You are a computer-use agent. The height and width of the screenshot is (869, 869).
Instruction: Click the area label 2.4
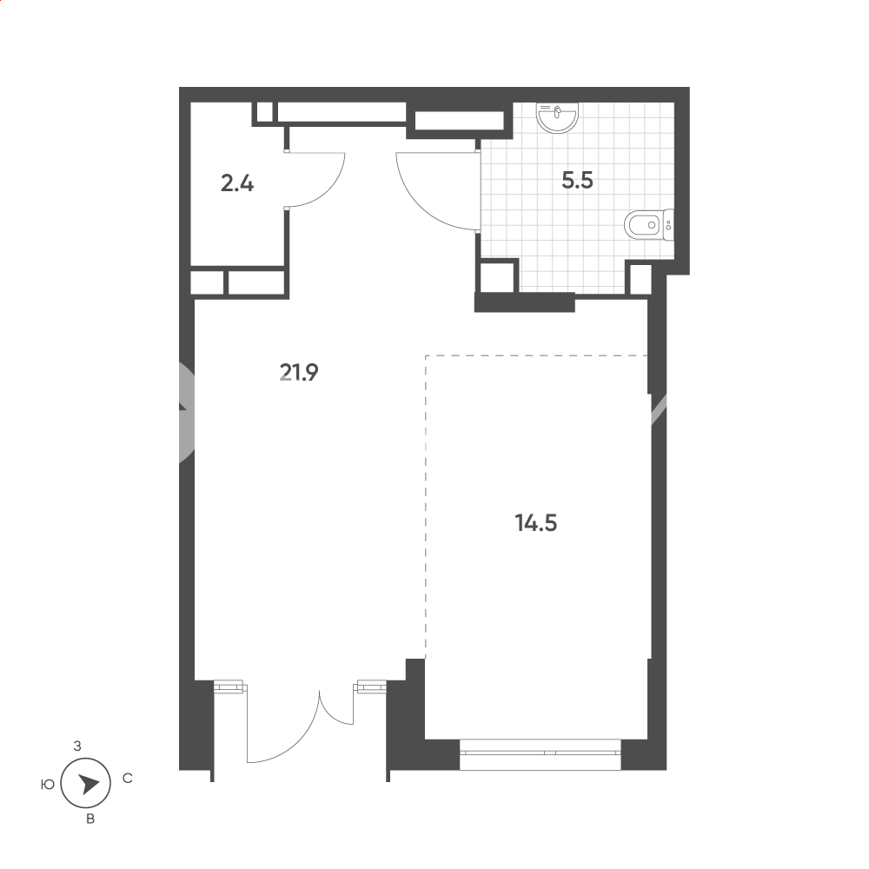[x=237, y=182]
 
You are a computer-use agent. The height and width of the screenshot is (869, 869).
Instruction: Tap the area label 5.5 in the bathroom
[x=577, y=180]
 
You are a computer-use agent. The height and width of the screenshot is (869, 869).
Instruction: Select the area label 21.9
[x=299, y=373]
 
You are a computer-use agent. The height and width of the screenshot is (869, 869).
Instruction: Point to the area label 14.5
[x=536, y=522]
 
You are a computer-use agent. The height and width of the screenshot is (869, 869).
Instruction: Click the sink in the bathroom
[x=557, y=117]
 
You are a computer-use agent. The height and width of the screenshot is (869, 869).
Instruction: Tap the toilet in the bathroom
[x=648, y=225]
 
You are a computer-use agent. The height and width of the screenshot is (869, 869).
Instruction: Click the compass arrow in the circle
[x=88, y=784]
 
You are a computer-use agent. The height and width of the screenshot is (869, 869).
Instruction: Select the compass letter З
[x=77, y=746]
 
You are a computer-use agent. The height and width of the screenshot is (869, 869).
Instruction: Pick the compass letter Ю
[x=48, y=784]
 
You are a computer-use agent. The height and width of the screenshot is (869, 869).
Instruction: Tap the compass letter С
[x=128, y=779]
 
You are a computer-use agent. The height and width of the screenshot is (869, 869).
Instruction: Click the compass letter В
[x=90, y=819]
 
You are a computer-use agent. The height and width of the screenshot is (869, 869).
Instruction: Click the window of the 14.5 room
[x=541, y=753]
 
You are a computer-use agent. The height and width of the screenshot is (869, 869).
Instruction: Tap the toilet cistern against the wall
[x=668, y=225]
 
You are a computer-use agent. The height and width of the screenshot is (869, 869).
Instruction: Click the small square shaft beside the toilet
[x=640, y=279]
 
